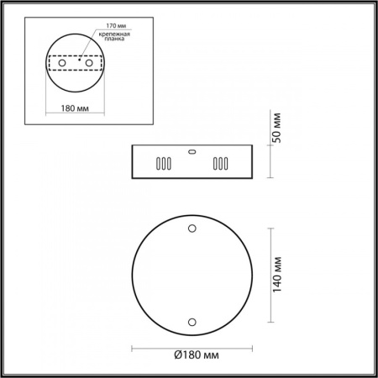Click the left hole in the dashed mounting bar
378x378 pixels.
(61, 64)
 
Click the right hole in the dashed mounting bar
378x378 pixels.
(88, 64)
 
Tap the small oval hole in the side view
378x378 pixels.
(192, 152)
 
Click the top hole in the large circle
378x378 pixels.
(192, 228)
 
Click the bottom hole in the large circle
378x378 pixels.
(192, 321)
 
